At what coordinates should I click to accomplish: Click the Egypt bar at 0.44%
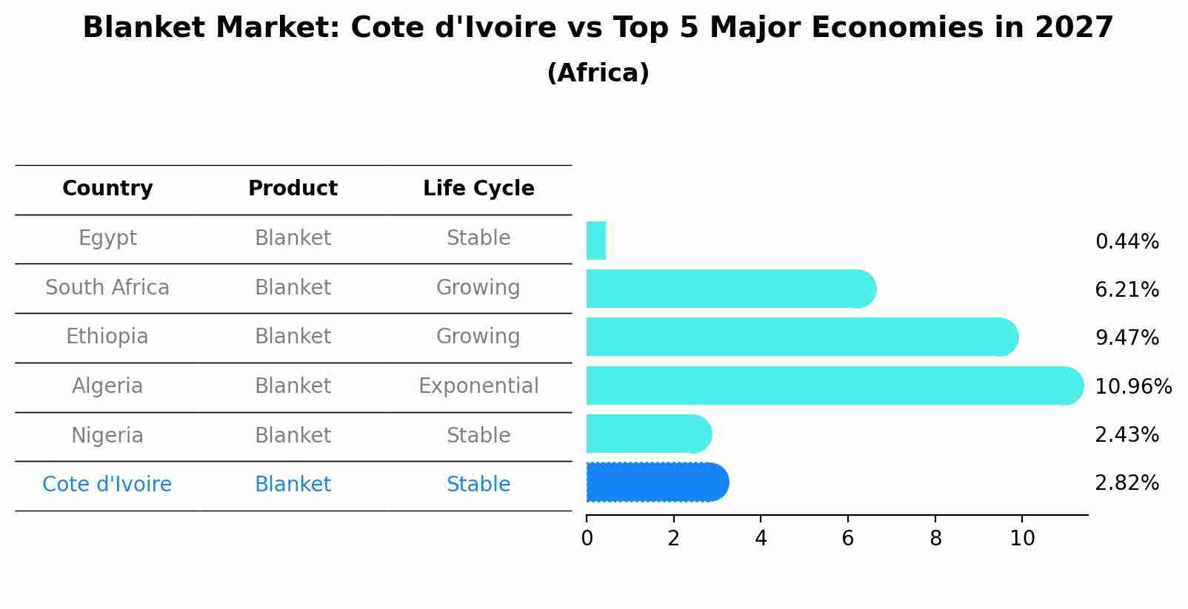point(596,240)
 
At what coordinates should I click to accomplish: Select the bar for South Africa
point(730,289)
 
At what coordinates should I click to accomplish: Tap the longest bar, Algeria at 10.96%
point(833,386)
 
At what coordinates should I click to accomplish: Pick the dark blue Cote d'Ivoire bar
point(656,482)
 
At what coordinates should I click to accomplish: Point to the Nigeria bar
point(647,434)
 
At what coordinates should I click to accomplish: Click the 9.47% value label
point(1127,338)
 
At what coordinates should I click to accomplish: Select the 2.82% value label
point(1127,483)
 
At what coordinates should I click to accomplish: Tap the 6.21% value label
point(1127,290)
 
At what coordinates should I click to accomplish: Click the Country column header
point(107,189)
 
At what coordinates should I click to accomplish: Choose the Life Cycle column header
point(478,189)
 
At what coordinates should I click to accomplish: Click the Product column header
point(293,189)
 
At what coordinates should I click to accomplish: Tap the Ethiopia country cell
point(107,337)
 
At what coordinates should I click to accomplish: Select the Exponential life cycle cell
point(478,386)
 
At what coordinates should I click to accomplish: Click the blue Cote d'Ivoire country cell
point(107,485)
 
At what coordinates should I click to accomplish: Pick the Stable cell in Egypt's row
point(478,238)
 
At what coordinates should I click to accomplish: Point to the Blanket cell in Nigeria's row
point(293,436)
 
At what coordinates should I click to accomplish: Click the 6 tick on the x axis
point(848,538)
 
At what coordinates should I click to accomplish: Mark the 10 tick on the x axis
point(1022,538)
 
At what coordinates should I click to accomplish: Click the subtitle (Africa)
point(598,73)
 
